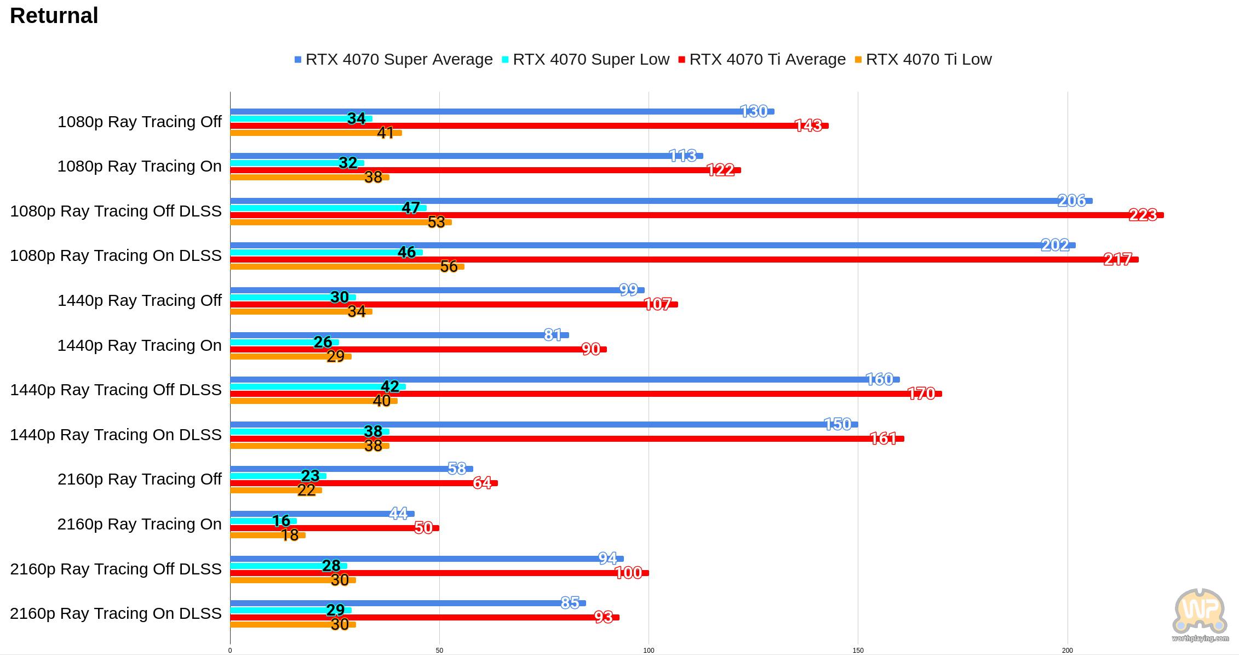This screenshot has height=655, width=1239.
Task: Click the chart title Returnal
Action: tap(54, 16)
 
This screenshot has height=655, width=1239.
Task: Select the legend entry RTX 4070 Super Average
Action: tap(393, 59)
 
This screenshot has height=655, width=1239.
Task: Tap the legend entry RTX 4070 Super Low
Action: tap(585, 59)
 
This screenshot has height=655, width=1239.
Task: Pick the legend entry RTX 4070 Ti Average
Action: tap(762, 59)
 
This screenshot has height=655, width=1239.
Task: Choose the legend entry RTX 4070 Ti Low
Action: tap(923, 59)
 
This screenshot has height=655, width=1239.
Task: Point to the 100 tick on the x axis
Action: tap(649, 651)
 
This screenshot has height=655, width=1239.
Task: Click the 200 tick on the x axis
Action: tap(1068, 651)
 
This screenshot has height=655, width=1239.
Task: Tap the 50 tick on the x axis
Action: tap(439, 651)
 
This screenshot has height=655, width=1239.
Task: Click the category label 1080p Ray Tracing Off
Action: tap(140, 122)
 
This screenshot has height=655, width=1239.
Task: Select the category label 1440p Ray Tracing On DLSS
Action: tap(116, 435)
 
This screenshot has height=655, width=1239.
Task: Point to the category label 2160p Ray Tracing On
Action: tap(140, 524)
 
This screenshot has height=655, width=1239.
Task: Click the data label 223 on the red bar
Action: tap(1143, 215)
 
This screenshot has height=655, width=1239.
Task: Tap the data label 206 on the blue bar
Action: tap(1071, 201)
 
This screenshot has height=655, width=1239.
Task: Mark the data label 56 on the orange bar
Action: tap(449, 266)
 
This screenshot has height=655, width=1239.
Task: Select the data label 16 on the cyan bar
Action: tap(281, 521)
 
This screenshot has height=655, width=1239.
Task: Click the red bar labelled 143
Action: tap(529, 126)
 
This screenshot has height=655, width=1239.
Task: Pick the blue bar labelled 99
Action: tap(437, 290)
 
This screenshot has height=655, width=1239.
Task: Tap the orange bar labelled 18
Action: tap(268, 535)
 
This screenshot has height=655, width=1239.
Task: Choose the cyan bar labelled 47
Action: tap(329, 208)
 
